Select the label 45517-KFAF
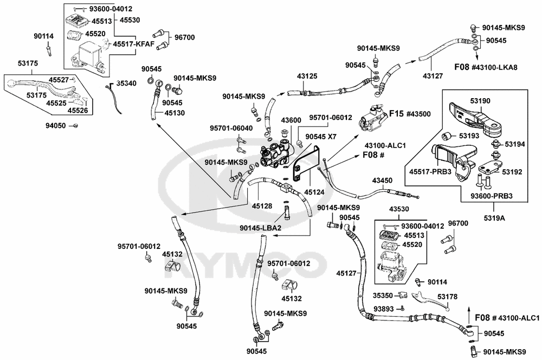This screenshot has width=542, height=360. [x=134, y=44]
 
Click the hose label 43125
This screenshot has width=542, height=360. [x=307, y=76]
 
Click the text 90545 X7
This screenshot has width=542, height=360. [x=321, y=137]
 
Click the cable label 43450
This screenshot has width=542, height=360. [x=382, y=179]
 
